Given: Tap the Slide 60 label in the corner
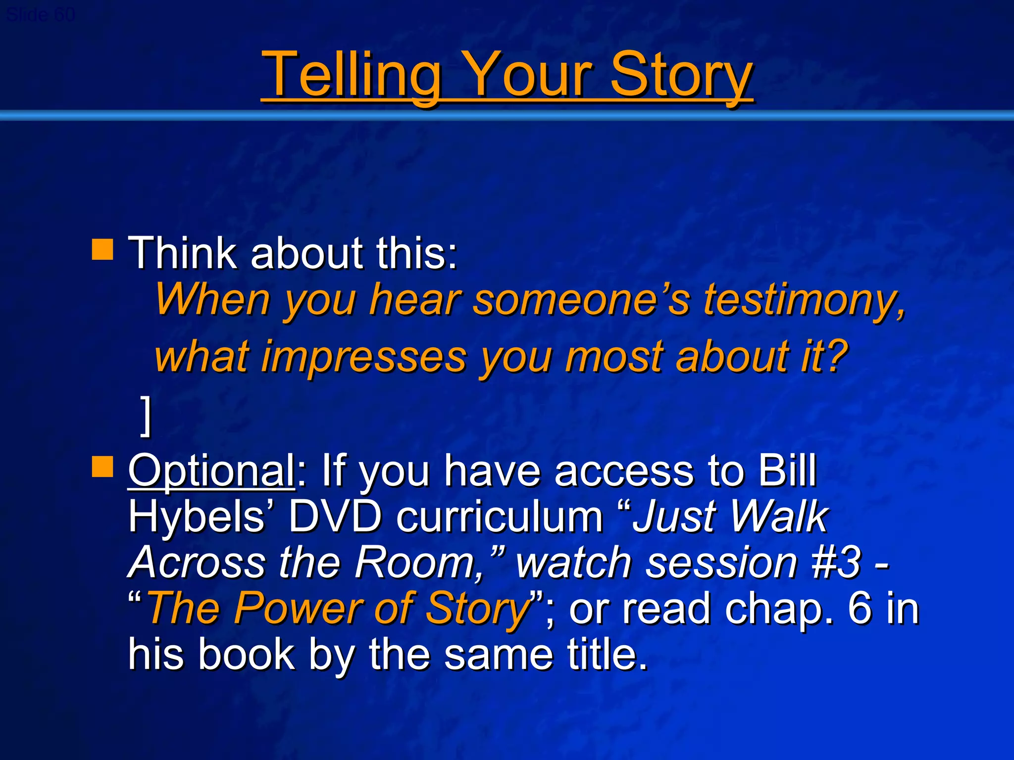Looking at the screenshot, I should pos(41,15).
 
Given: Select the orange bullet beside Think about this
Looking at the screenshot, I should pos(102,249).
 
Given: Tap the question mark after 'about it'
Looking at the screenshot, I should pos(837,356).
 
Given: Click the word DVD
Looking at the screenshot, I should pos(335,517).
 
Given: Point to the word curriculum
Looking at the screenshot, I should pos(500,517).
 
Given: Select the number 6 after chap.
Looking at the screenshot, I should pos(860,608).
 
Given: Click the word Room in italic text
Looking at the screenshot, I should pos(415,563).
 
